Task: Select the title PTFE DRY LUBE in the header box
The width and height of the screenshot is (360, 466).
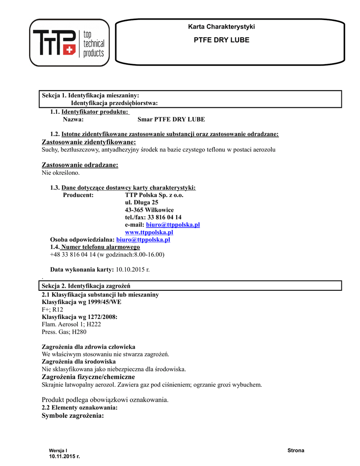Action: [x=222, y=40]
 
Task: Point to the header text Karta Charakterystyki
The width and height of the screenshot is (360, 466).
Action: [x=222, y=27]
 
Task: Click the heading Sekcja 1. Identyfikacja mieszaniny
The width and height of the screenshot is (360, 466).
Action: [x=91, y=95]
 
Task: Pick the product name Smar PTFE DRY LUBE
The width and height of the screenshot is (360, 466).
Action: [x=171, y=119]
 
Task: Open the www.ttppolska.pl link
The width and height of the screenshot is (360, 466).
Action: [x=149, y=232]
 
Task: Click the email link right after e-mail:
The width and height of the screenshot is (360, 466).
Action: [x=173, y=225]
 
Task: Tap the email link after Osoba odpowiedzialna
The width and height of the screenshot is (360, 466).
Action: [x=143, y=239]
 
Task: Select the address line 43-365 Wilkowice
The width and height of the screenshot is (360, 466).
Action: [x=149, y=210]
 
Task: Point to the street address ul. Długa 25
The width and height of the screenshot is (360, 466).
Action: [x=142, y=203]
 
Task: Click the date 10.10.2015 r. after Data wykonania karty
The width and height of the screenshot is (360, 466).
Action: [x=133, y=269]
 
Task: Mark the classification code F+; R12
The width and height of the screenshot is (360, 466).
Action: [x=52, y=309]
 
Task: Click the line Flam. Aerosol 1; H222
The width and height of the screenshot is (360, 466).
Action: [x=71, y=324]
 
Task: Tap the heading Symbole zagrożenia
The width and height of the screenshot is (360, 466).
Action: [x=73, y=416]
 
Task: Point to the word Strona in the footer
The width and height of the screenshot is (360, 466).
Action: [x=296, y=451]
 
